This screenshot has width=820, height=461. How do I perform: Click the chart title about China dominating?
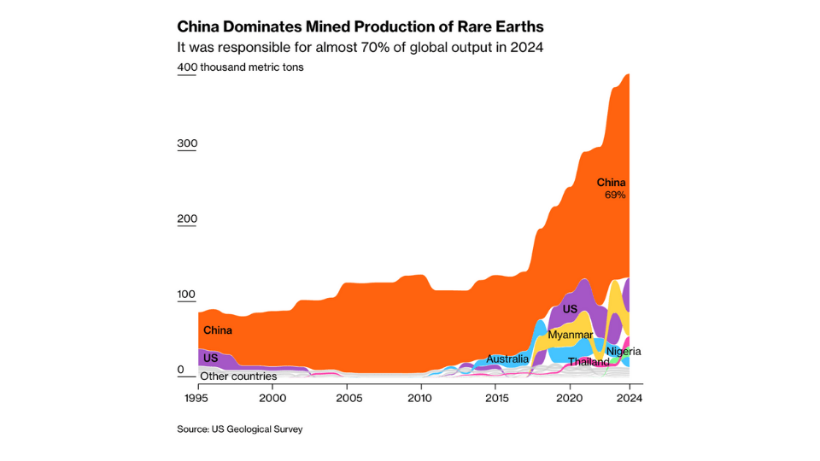pos(360,26)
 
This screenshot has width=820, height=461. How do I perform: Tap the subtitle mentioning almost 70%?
pos(360,47)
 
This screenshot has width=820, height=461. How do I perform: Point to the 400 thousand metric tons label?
pos(240,67)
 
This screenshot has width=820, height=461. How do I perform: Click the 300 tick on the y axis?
pos(187,143)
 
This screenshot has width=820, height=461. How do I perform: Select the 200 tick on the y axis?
pos(187,219)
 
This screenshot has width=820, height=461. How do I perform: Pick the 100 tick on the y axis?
pos(187,295)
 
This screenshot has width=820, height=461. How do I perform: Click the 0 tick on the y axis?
pos(181,370)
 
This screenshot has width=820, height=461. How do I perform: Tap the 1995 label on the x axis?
pos(198,398)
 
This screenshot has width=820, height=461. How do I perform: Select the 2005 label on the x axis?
pos(346,398)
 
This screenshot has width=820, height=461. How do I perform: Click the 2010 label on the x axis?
pos(420,398)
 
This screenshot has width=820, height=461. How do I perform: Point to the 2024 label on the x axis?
pos(629,398)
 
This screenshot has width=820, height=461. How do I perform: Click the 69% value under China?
pos(615,195)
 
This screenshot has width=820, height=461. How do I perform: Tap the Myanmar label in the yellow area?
pos(570,335)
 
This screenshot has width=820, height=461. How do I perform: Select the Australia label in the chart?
pos(507,359)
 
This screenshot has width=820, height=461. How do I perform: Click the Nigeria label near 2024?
pos(624,351)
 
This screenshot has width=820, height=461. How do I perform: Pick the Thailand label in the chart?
pos(589,362)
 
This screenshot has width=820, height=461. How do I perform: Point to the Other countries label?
pos(238,376)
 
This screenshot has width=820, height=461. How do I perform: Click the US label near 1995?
pos(210,358)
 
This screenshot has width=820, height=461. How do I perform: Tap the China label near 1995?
pos(217,330)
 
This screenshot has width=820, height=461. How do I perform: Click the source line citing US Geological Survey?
pos(240,429)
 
